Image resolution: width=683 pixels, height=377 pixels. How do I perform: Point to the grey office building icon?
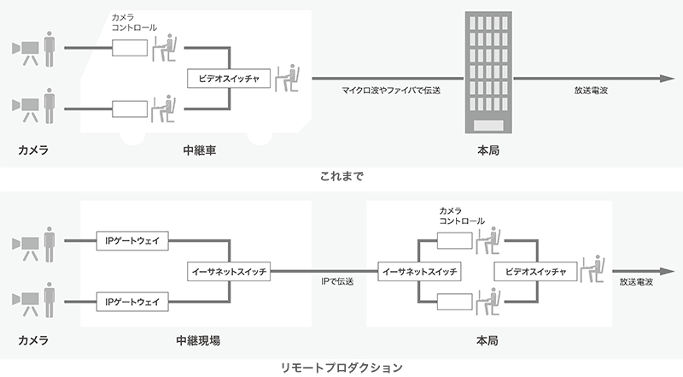point(488,73)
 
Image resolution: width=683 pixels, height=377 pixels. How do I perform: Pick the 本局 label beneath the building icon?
point(487,150)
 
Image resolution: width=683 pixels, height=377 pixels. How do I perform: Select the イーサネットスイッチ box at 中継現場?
point(228,271)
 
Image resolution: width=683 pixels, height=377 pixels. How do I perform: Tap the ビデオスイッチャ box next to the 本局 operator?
point(530,271)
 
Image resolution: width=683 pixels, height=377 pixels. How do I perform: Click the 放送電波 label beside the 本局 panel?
point(638,280)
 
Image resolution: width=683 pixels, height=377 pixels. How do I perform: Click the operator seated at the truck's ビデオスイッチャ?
point(292,79)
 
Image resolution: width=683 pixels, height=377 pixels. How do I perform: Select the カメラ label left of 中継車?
point(33,150)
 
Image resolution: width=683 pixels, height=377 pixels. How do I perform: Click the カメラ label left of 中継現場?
point(33,340)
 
